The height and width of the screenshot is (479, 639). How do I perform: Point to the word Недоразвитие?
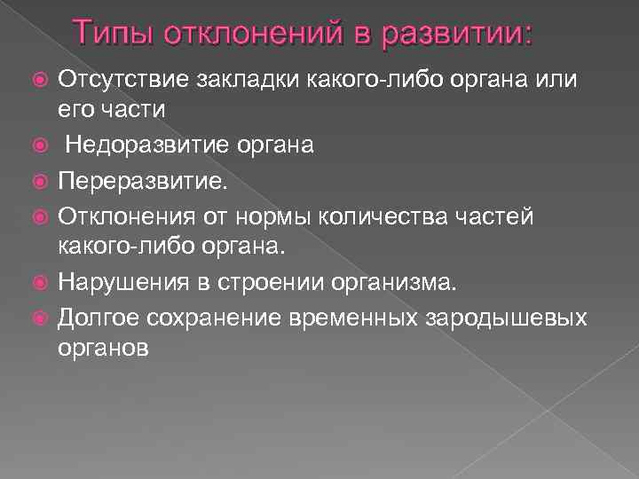(132, 144)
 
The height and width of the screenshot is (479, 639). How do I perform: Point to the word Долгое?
(99, 316)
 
